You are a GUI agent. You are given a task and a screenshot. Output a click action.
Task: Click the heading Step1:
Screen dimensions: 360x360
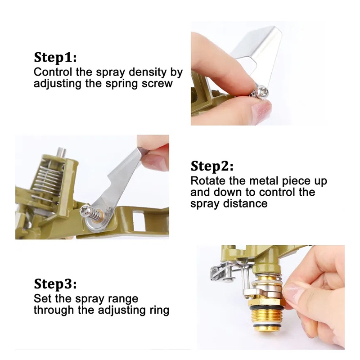pyautogui.click(x=55, y=57)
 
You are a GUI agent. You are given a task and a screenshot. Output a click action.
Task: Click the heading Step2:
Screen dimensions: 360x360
pyautogui.click(x=212, y=166)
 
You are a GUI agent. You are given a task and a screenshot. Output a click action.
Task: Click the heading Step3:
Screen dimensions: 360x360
pyautogui.click(x=55, y=284)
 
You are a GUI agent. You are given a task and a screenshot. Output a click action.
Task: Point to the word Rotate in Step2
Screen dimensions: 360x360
pyautogui.click(x=208, y=181)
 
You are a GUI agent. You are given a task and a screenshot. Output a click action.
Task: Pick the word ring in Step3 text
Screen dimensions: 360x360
pyautogui.click(x=159, y=310)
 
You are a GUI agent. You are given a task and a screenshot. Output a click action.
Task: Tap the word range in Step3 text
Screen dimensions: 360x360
pyautogui.click(x=123, y=299)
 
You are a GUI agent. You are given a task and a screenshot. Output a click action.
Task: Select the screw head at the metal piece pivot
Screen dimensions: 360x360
pyautogui.click(x=85, y=210)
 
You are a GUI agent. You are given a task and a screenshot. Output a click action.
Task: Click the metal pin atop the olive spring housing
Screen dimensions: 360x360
pyautogui.click(x=61, y=153)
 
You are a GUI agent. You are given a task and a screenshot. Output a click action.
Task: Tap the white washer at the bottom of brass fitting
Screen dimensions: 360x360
pyautogui.click(x=266, y=326)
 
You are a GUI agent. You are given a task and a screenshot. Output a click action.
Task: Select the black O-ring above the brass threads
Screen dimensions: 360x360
pyautogui.click(x=267, y=307)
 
